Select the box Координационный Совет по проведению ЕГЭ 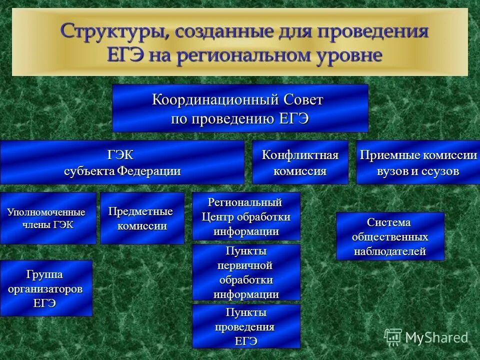(240, 108)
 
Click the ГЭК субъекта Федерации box (122, 162)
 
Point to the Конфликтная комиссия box (300, 162)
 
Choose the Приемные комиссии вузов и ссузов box (418, 162)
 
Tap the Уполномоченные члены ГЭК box (48, 218)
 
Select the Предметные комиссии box (142, 218)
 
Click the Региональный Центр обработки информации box (246, 216)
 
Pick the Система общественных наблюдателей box (390, 236)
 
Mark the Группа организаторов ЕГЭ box (46, 288)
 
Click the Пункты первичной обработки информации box (246, 272)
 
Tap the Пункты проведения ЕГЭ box (246, 326)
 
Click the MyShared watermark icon (393, 337)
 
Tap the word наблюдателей (390, 251)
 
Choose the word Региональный (245, 202)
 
